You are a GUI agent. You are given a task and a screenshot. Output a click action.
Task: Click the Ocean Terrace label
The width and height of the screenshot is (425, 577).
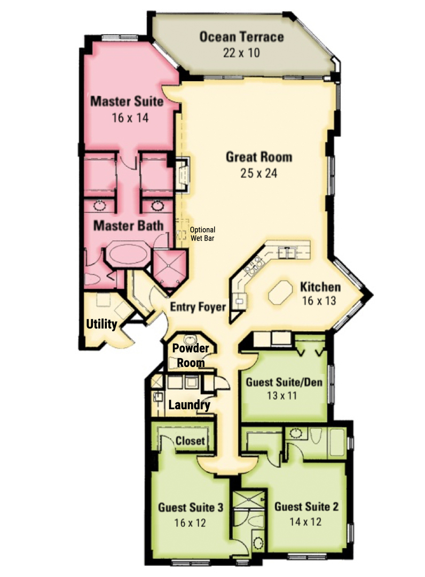point(241,37)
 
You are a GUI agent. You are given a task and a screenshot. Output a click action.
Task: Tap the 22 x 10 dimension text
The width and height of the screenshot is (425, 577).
point(241,52)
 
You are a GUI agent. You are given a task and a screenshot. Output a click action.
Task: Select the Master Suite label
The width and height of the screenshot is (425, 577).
point(127,101)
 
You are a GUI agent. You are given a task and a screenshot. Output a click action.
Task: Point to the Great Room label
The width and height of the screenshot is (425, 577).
point(259,157)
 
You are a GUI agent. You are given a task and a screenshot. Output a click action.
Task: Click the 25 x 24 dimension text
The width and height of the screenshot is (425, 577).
point(259,173)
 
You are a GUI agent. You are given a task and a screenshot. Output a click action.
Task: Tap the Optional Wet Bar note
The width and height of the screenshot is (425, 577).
point(202,233)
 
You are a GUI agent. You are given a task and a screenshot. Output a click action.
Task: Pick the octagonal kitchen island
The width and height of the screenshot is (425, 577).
point(280,293)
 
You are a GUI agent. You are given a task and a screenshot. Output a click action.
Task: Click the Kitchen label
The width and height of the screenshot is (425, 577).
point(320,287)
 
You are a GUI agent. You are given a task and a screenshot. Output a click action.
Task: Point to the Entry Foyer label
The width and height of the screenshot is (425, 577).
point(198,307)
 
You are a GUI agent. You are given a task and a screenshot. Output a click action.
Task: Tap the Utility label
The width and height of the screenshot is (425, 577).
point(101,324)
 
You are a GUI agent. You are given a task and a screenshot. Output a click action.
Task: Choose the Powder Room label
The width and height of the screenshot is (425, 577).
point(191,355)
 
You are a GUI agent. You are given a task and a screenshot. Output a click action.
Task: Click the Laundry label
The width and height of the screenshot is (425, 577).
point(190,405)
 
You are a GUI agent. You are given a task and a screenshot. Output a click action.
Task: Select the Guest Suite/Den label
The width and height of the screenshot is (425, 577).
point(284,382)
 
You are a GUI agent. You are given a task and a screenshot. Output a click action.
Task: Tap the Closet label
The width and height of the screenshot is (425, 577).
point(190,440)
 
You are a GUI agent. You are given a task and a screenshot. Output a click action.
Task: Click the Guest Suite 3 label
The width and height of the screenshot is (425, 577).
point(191,507)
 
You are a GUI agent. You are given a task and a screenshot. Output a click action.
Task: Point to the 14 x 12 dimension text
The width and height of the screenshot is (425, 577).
point(305,521)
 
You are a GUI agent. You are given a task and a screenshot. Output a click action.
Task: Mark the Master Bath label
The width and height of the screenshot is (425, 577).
point(128,225)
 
